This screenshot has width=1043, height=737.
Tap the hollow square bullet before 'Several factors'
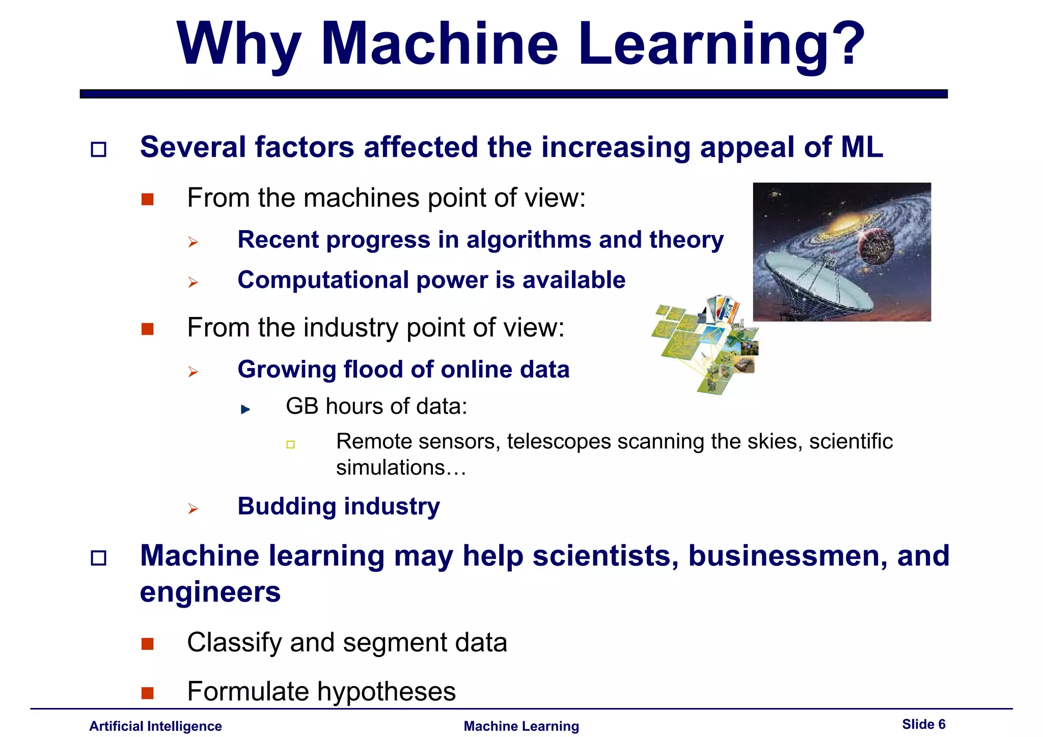tap(98, 150)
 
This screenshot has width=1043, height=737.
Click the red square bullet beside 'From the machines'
tap(148, 199)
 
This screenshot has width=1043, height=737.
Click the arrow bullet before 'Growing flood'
tap(193, 372)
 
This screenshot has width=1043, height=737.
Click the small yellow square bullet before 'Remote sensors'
tap(290, 445)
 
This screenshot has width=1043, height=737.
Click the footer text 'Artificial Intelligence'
tap(155, 726)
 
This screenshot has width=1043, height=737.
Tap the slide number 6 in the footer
tap(942, 724)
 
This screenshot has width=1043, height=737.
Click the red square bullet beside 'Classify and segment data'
tap(148, 644)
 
